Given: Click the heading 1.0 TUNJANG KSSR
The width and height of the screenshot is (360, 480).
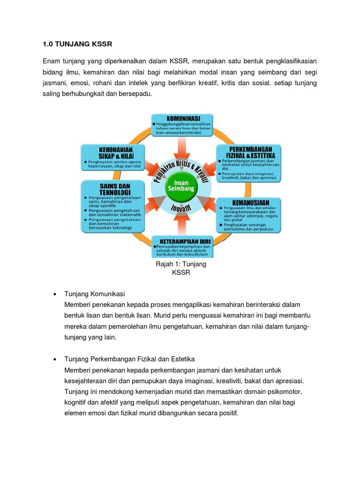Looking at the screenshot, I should [77, 44].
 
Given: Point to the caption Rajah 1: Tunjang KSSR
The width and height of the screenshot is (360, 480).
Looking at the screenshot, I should [181, 268].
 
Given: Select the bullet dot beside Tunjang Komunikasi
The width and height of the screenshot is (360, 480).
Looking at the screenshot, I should [55, 294].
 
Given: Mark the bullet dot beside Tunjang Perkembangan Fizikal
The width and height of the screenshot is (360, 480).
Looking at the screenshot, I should [55, 359].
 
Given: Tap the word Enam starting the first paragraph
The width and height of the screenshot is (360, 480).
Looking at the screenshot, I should [52, 61].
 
